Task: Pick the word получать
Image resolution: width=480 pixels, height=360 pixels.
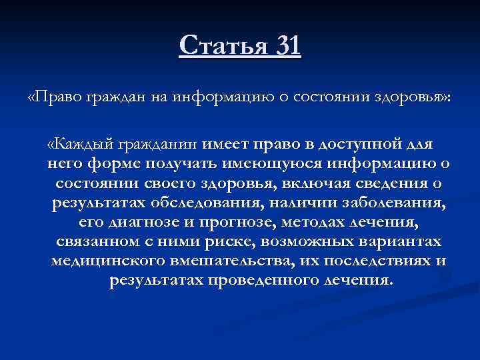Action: (x=195, y=163)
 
